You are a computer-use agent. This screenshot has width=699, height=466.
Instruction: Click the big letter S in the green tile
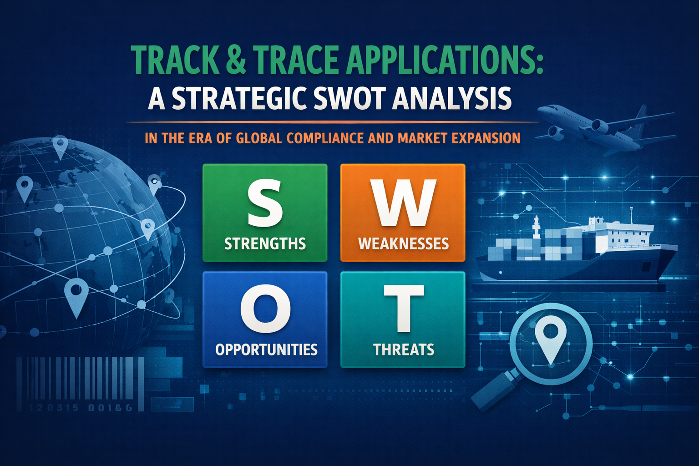[265, 203]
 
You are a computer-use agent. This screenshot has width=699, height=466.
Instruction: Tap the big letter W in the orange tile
[403, 203]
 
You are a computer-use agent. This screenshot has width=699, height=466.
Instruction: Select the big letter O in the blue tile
[265, 309]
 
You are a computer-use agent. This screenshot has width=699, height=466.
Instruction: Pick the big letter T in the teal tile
[404, 309]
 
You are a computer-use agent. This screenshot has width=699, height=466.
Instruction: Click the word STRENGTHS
[265, 244]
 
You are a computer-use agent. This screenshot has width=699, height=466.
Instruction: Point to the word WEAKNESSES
[403, 244]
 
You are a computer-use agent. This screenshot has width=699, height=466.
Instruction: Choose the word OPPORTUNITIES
[266, 349]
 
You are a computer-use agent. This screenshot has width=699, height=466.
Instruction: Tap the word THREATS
[404, 349]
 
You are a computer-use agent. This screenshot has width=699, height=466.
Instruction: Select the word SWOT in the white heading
[348, 98]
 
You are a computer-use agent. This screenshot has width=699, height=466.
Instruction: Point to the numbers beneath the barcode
[80, 408]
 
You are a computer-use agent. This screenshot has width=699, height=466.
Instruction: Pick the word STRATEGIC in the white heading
[238, 98]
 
